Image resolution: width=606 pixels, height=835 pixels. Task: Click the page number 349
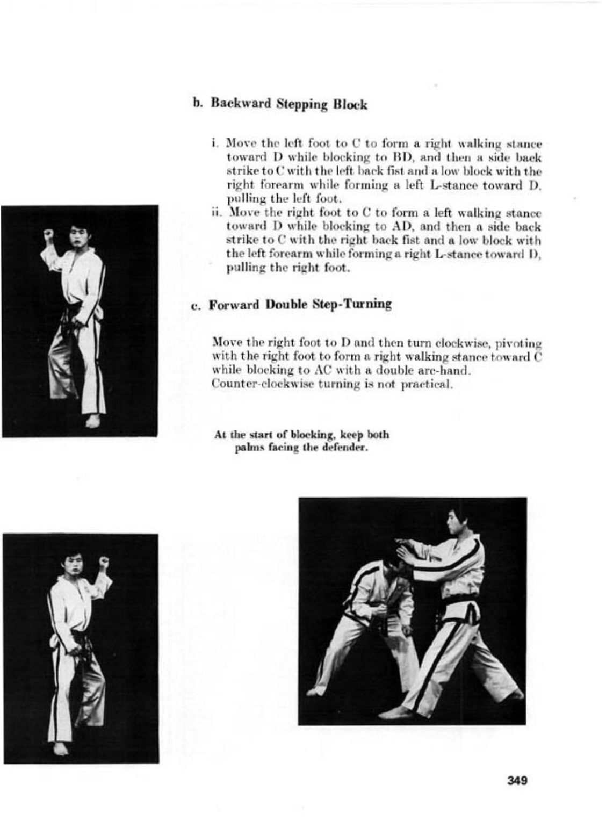[517, 780]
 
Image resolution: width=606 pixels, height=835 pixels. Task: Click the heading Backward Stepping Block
[288, 104]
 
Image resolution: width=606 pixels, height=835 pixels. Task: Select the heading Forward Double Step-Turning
[300, 304]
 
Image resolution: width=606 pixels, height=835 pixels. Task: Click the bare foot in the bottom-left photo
[61, 748]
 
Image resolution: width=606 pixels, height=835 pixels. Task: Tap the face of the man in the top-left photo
[78, 239]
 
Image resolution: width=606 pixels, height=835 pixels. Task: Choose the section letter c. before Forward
[196, 305]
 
